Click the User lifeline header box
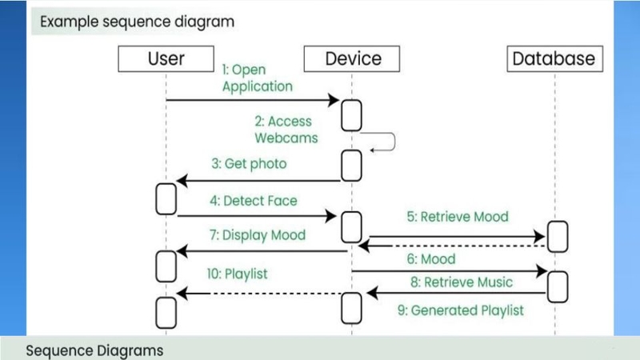tap(166, 58)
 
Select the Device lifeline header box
tap(353, 58)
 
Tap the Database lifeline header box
tap(553, 58)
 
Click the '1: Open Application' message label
tap(257, 78)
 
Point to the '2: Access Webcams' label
tap(286, 130)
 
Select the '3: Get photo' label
tap(249, 164)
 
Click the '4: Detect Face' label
tap(255, 201)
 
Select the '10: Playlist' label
tap(237, 274)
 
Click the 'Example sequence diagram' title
tap(137, 22)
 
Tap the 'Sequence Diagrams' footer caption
tap(94, 350)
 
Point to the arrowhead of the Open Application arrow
tap(336, 100)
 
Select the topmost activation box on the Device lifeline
tap(351, 115)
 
